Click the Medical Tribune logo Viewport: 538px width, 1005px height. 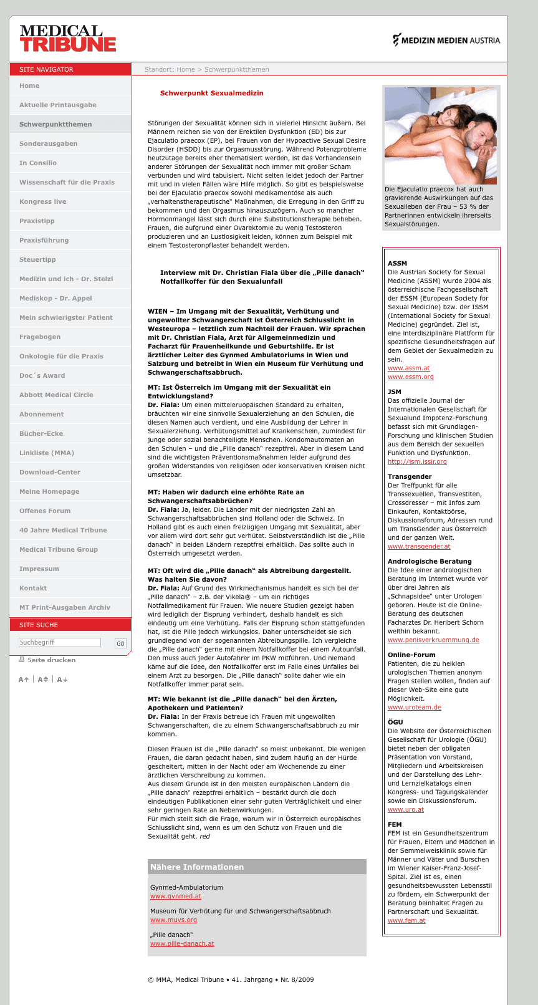pyautogui.click(x=67, y=38)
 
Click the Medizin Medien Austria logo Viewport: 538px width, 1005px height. pyautogui.click(x=446, y=40)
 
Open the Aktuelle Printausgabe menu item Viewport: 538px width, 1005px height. pyautogui.click(x=58, y=105)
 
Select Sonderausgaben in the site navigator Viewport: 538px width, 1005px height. pyautogui.click(x=49, y=144)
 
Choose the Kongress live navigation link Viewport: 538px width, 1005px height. pyautogui.click(x=42, y=202)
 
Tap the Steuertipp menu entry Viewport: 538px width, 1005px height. pyautogui.click(x=37, y=260)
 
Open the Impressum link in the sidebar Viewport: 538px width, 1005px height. pyautogui.click(x=39, y=569)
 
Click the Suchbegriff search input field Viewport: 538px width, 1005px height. pyautogui.click(x=59, y=643)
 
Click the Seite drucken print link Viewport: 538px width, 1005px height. pyautogui.click(x=51, y=660)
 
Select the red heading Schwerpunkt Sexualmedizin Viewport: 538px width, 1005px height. pyautogui.click(x=212, y=94)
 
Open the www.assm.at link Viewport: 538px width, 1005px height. pyautogui.click(x=408, y=368)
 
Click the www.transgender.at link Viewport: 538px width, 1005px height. pyautogui.click(x=419, y=547)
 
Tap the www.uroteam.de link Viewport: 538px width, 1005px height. pyautogui.click(x=415, y=708)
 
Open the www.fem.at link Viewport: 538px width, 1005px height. pyautogui.click(x=406, y=921)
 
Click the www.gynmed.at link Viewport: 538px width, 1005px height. pyautogui.click(x=176, y=897)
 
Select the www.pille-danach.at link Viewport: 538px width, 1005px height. pyautogui.click(x=182, y=944)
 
